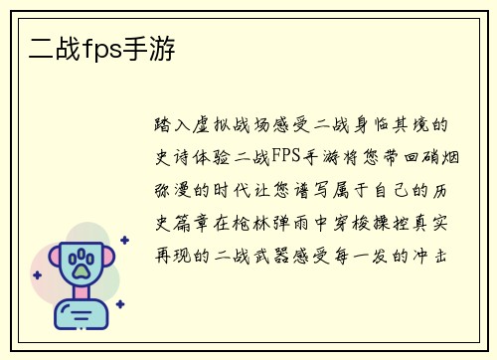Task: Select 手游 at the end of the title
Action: [150, 47]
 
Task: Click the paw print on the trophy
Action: [80, 263]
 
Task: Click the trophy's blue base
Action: [79, 318]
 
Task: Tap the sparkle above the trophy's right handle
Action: [123, 240]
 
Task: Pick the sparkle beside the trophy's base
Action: [120, 306]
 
